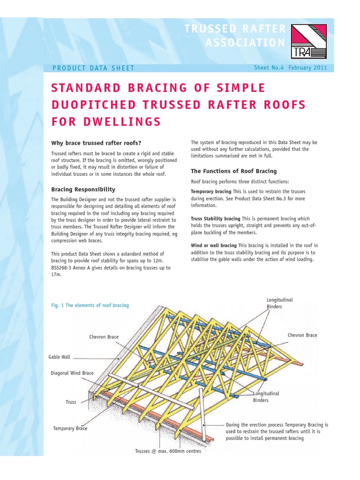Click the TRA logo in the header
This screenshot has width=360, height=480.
(x=307, y=41)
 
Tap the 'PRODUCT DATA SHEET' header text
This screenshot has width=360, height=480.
(x=94, y=68)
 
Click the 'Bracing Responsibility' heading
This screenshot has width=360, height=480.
(x=83, y=189)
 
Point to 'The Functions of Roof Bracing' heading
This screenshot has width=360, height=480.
(x=233, y=171)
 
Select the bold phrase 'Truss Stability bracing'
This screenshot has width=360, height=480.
(x=215, y=219)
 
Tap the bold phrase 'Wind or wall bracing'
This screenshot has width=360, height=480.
(x=214, y=246)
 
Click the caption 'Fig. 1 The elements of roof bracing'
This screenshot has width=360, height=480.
(x=90, y=305)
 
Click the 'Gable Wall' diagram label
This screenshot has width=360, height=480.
(x=60, y=357)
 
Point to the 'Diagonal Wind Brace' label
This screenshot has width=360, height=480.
(x=72, y=373)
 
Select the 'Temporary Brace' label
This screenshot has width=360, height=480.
(x=70, y=428)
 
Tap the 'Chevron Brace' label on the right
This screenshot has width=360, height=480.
(x=302, y=335)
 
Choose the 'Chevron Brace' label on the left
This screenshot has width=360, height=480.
(x=104, y=337)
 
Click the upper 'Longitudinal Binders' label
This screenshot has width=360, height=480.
(x=279, y=303)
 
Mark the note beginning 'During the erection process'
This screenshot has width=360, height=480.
(x=277, y=431)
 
